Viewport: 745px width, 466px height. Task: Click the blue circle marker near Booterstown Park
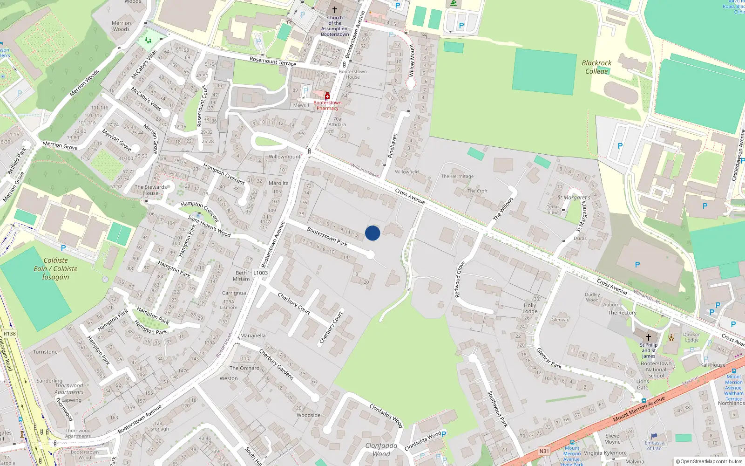pyautogui.click(x=372, y=233)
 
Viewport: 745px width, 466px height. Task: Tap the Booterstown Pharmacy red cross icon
pyautogui.click(x=327, y=96)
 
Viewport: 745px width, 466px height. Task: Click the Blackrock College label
pyautogui.click(x=596, y=67)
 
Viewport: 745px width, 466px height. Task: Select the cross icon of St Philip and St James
pyautogui.click(x=649, y=337)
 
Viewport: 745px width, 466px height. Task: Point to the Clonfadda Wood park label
pyautogui.click(x=381, y=450)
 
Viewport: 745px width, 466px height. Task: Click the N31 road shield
pyautogui.click(x=544, y=451)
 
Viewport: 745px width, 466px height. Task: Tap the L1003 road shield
pyautogui.click(x=261, y=273)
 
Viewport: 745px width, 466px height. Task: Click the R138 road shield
pyautogui.click(x=9, y=334)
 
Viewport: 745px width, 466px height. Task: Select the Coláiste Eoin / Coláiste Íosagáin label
pyautogui.click(x=55, y=269)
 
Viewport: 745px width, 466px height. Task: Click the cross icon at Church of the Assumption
pyautogui.click(x=334, y=9)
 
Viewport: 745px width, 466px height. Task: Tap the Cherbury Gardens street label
pyautogui.click(x=276, y=364)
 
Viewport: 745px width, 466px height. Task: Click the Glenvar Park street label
pyautogui.click(x=549, y=358)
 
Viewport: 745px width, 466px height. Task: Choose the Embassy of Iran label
pyautogui.click(x=654, y=445)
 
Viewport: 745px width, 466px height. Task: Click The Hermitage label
pyautogui.click(x=457, y=176)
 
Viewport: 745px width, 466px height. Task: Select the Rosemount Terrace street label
pyautogui.click(x=273, y=62)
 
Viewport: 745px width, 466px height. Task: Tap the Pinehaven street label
pyautogui.click(x=393, y=145)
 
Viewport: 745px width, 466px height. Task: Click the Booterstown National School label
pyautogui.click(x=656, y=370)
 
